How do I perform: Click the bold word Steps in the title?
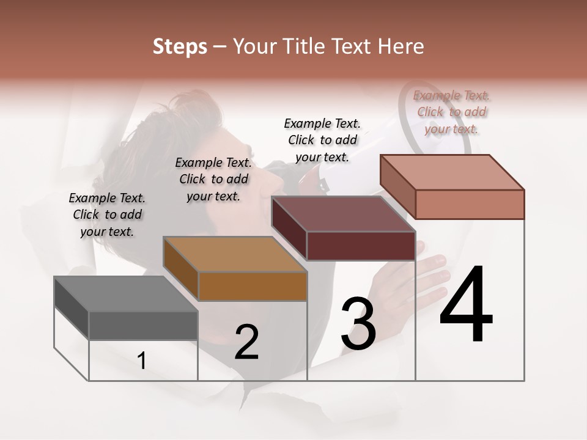(180, 46)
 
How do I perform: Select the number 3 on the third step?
(358, 324)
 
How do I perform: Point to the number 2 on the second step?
(246, 342)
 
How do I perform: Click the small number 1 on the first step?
(141, 361)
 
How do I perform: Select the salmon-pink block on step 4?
(452, 186)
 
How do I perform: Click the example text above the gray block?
(107, 215)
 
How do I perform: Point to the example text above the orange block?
(213, 179)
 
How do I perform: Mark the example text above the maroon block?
(322, 140)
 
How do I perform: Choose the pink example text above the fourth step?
(452, 112)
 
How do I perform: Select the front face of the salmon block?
(470, 204)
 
